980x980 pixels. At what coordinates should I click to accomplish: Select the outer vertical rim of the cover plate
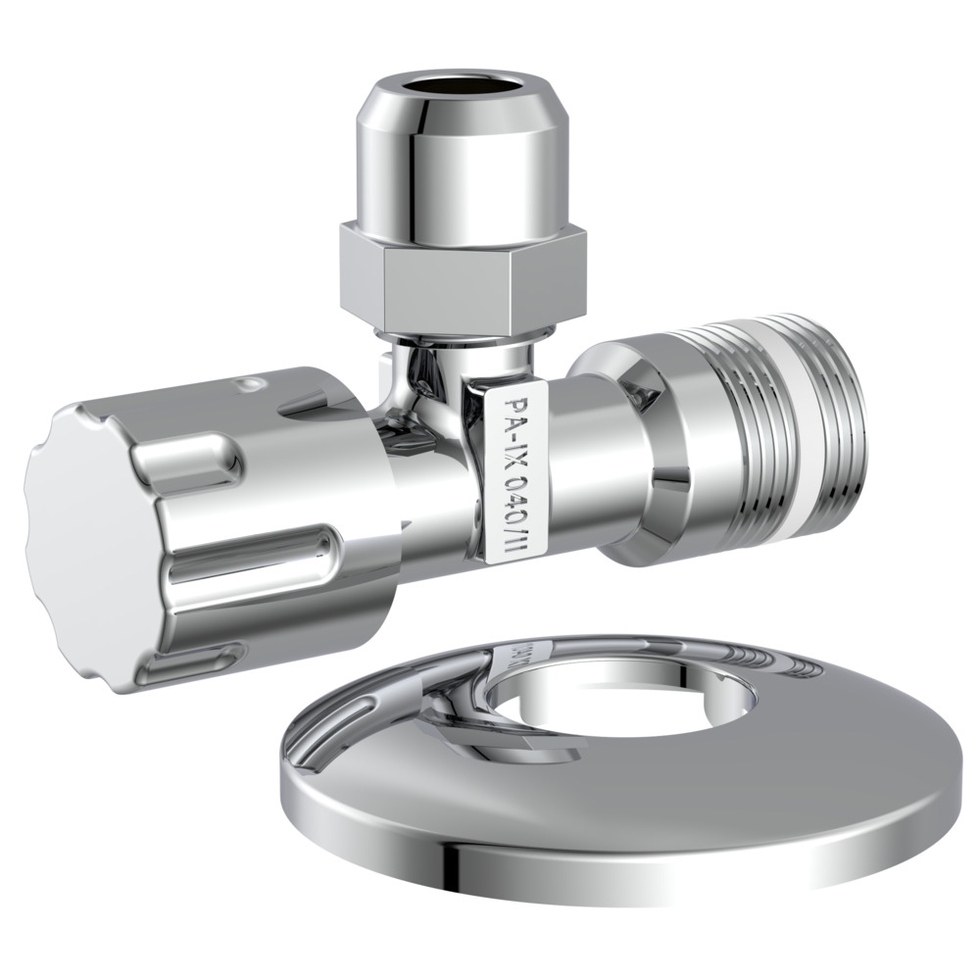588,853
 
